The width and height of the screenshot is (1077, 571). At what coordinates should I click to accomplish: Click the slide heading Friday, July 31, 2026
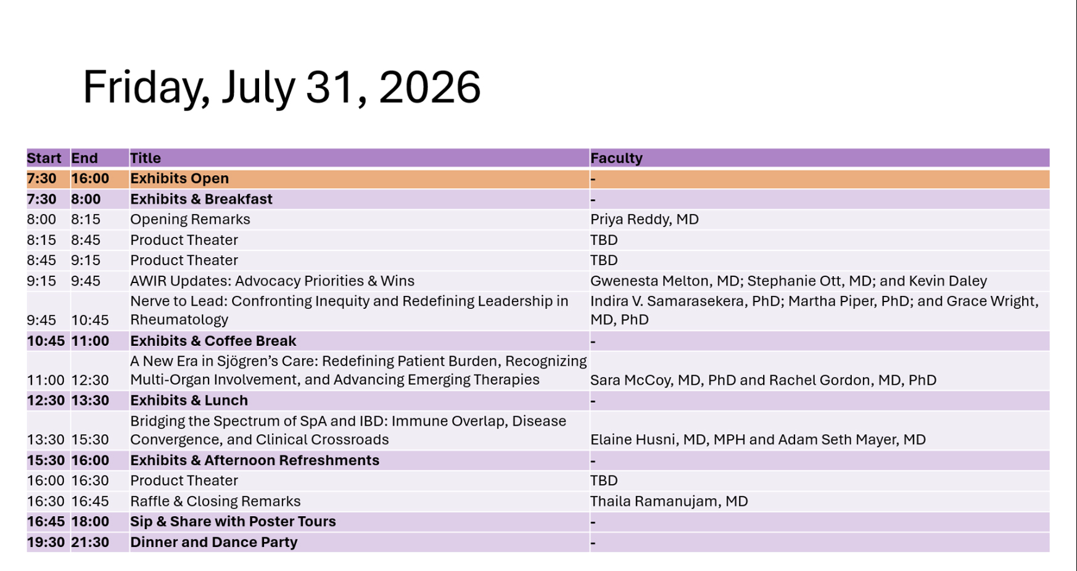[281, 88]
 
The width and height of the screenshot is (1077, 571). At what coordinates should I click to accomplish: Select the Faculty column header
[616, 158]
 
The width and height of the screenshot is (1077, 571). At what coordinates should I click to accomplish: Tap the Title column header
[145, 158]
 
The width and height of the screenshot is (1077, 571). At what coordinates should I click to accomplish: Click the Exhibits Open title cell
[179, 179]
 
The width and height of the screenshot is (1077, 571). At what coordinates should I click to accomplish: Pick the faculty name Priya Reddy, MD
[644, 220]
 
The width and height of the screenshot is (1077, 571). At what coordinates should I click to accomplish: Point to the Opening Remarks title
[190, 220]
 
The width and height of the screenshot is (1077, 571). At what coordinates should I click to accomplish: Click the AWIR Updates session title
[272, 281]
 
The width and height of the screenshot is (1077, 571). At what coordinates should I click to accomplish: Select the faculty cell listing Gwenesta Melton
[788, 281]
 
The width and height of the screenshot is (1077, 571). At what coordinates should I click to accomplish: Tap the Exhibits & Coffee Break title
[213, 341]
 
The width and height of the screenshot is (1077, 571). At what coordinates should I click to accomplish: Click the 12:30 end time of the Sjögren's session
[90, 380]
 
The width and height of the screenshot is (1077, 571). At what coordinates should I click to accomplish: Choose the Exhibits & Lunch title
[189, 401]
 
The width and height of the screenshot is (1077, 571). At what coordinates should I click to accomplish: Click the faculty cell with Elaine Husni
[757, 440]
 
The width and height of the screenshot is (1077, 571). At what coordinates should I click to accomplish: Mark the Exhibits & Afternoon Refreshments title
[254, 461]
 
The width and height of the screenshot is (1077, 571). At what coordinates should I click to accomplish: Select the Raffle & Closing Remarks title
[215, 501]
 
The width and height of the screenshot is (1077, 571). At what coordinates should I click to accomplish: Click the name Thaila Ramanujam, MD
[669, 501]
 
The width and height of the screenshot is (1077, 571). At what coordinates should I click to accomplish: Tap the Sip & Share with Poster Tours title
[233, 522]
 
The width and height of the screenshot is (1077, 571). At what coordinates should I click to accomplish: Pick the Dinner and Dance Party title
[213, 543]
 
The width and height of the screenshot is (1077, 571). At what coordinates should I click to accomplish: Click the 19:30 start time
[46, 543]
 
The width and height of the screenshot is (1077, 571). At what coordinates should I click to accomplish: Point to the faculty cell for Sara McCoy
[763, 380]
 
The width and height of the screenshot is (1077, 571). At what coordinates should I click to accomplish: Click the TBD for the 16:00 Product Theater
[604, 481]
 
